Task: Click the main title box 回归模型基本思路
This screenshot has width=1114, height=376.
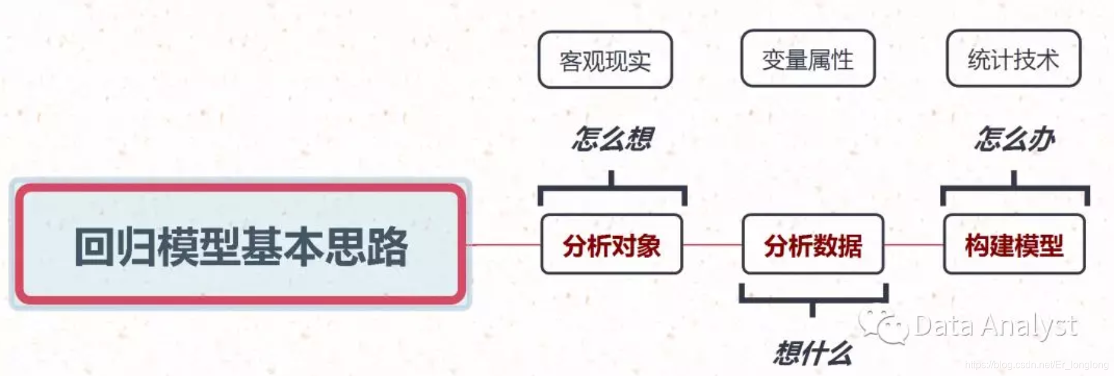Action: pos(240,244)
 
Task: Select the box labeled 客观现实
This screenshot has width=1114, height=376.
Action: pos(605,60)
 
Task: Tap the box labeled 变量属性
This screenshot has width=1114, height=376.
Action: pos(807,59)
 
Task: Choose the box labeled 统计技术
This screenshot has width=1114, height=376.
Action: pos(1013,59)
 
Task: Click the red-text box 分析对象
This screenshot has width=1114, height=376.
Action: pos(612,245)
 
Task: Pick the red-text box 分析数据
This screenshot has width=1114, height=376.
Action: pos(813,245)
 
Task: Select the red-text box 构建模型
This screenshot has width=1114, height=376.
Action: pos(1014,245)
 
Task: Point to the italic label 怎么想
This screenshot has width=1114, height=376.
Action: pos(612,138)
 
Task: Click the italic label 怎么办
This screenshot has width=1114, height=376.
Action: pos(1014,138)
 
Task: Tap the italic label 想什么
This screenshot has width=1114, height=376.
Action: pos(813,352)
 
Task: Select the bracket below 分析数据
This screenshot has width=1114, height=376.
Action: pos(813,300)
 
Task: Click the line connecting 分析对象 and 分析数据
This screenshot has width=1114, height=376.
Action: pos(712,245)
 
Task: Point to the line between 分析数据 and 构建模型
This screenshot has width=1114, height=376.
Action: pos(913,245)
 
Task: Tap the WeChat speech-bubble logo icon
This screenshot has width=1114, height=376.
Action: pos(883,326)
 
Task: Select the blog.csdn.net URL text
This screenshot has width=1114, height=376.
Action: pos(1036,365)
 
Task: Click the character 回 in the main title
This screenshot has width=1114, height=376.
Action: pos(94,247)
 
